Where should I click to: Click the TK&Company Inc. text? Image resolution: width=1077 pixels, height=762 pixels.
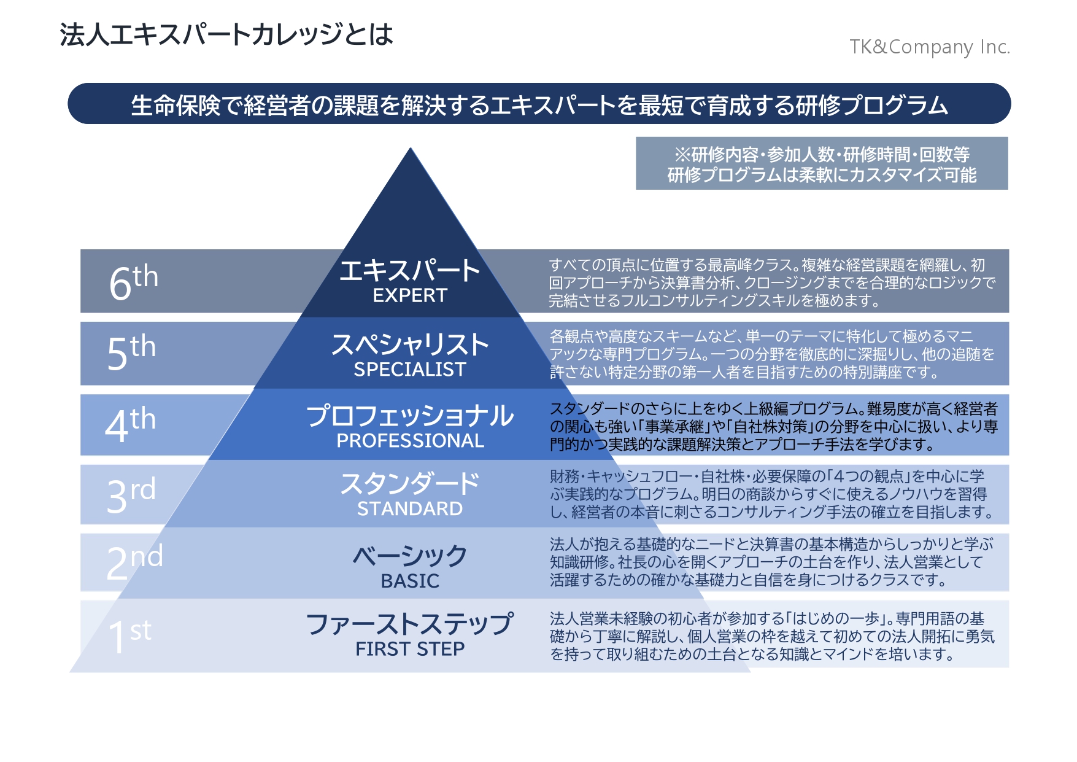click(930, 47)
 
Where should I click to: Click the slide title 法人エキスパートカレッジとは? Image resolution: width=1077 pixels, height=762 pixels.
click(226, 34)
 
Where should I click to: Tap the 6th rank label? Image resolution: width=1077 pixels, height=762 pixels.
click(133, 282)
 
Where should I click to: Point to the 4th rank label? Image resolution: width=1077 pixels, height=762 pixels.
click(130, 424)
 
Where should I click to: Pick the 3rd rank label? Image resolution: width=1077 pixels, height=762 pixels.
click(131, 495)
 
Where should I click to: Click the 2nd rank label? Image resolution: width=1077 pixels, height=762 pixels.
click(134, 562)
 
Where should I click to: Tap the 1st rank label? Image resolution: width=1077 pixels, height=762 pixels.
click(129, 636)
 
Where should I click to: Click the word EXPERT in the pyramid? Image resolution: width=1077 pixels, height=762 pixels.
click(410, 295)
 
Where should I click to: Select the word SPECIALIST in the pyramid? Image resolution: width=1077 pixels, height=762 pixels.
click(410, 369)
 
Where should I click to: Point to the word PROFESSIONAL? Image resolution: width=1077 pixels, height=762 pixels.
click(410, 440)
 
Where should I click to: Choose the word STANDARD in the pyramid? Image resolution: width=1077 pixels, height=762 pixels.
click(410, 508)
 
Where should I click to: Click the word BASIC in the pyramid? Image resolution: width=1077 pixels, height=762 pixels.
click(410, 580)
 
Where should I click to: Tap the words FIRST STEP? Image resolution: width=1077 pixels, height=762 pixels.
click(410, 648)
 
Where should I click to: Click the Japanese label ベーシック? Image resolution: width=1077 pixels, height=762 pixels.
click(410, 556)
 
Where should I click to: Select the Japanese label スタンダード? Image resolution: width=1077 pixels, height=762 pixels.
click(410, 484)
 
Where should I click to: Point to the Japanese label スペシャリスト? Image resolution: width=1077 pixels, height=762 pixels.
click(410, 344)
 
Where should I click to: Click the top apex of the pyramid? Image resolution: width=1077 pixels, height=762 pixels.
click(411, 148)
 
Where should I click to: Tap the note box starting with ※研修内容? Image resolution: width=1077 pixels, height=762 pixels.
click(822, 163)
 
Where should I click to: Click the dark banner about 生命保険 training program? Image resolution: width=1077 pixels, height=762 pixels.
click(539, 104)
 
